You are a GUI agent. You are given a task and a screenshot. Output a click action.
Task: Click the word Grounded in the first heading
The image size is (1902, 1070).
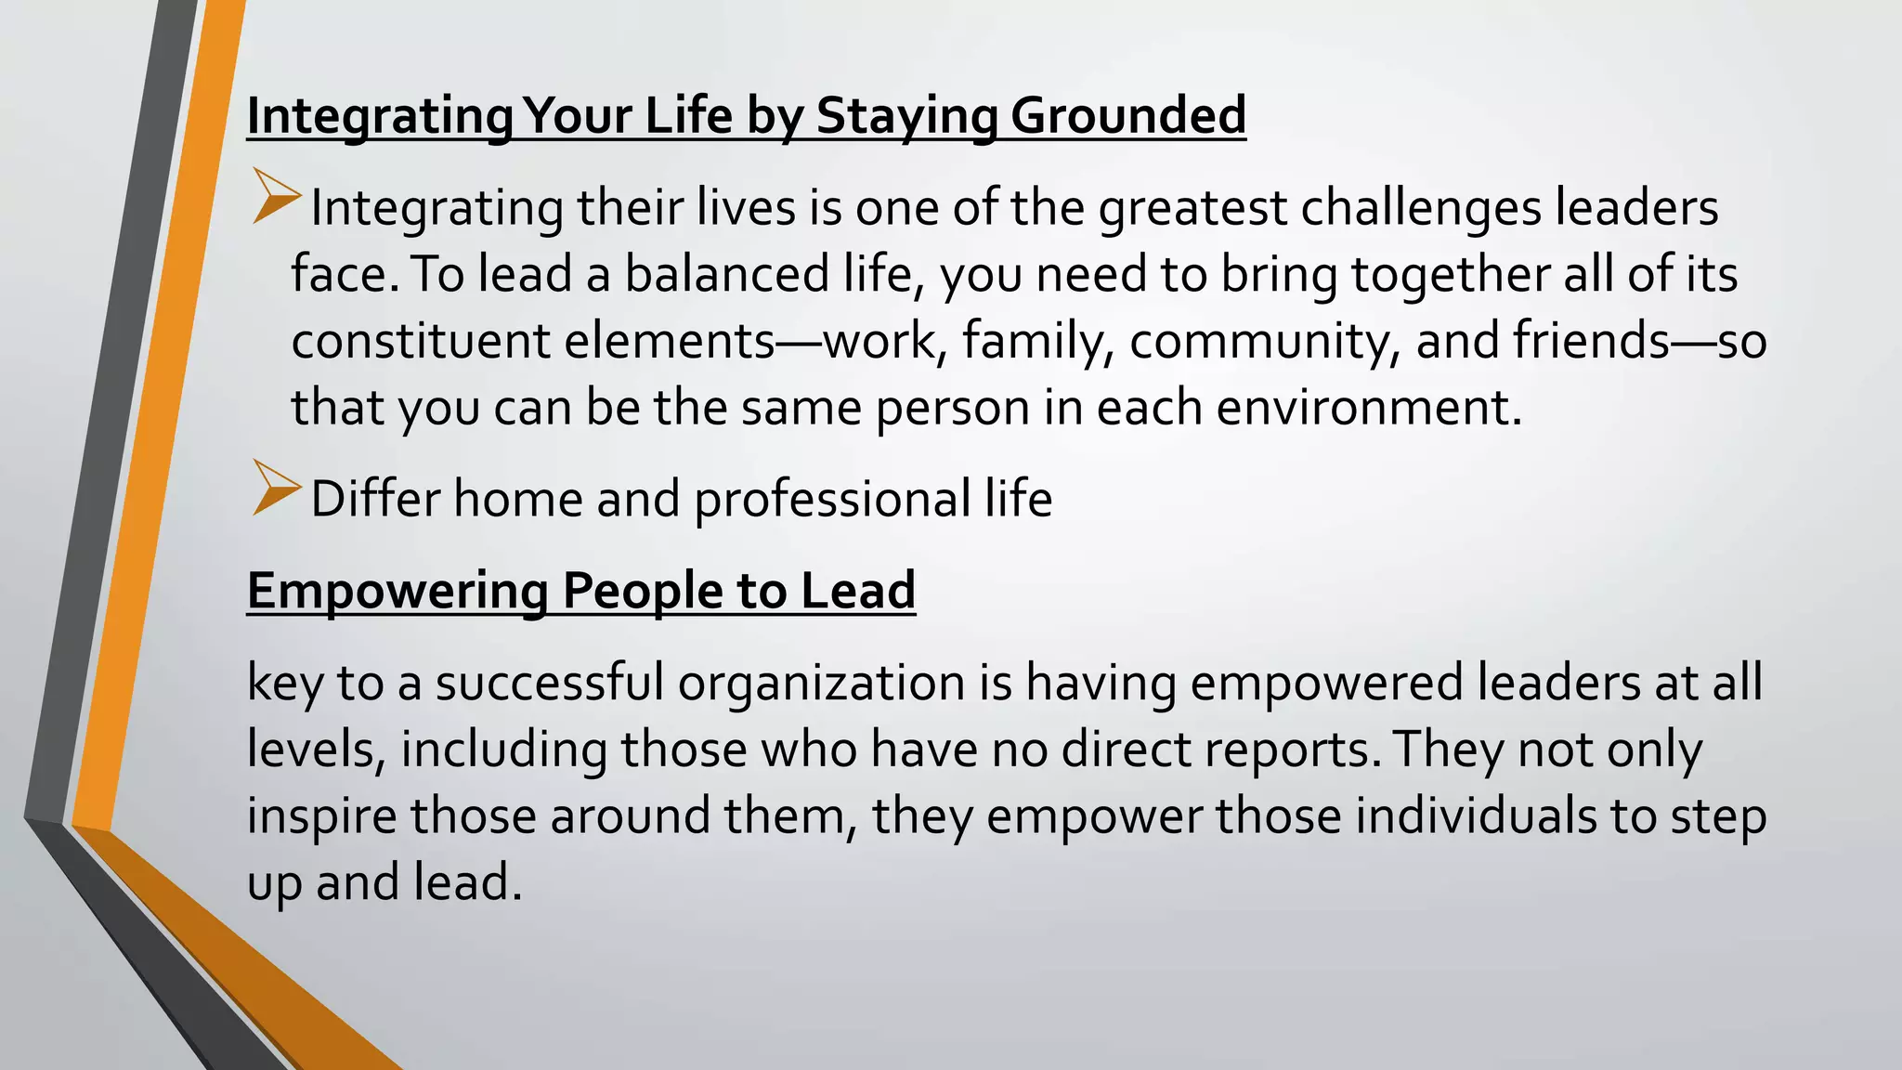tap(1127, 116)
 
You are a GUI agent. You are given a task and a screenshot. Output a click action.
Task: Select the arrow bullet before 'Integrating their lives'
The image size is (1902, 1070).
tap(276, 197)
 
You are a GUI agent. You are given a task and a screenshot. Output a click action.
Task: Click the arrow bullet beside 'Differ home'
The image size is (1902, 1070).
tap(276, 489)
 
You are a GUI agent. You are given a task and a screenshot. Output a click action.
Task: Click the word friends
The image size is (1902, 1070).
tap(1592, 341)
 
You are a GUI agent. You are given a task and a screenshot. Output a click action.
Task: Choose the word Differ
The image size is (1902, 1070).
tap(375, 499)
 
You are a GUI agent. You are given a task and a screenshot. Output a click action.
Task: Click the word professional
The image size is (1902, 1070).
tap(832, 499)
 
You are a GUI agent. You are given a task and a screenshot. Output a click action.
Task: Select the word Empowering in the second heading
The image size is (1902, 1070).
tap(397, 591)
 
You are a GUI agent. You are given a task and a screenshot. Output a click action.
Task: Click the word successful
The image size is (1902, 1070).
tap(550, 684)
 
